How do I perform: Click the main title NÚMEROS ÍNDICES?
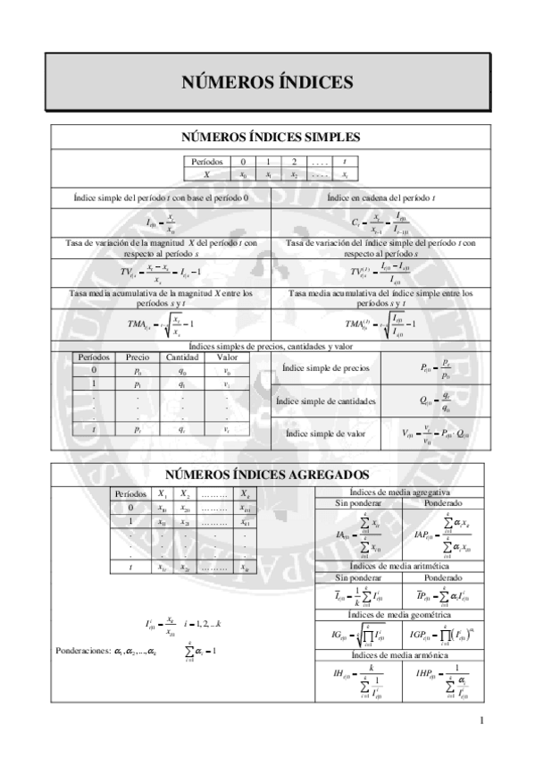(x=268, y=82)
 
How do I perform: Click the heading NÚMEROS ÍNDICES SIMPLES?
(x=268, y=138)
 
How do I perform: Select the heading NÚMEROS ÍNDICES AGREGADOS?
(x=267, y=475)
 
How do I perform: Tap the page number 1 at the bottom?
(x=481, y=721)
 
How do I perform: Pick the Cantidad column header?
(x=181, y=357)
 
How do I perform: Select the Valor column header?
(x=227, y=357)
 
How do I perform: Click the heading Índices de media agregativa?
(x=400, y=492)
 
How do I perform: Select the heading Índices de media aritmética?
(x=400, y=566)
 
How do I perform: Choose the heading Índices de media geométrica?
(x=400, y=614)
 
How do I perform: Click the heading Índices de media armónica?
(x=400, y=656)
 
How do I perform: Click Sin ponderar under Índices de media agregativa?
(x=357, y=503)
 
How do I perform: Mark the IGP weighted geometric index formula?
(x=443, y=636)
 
